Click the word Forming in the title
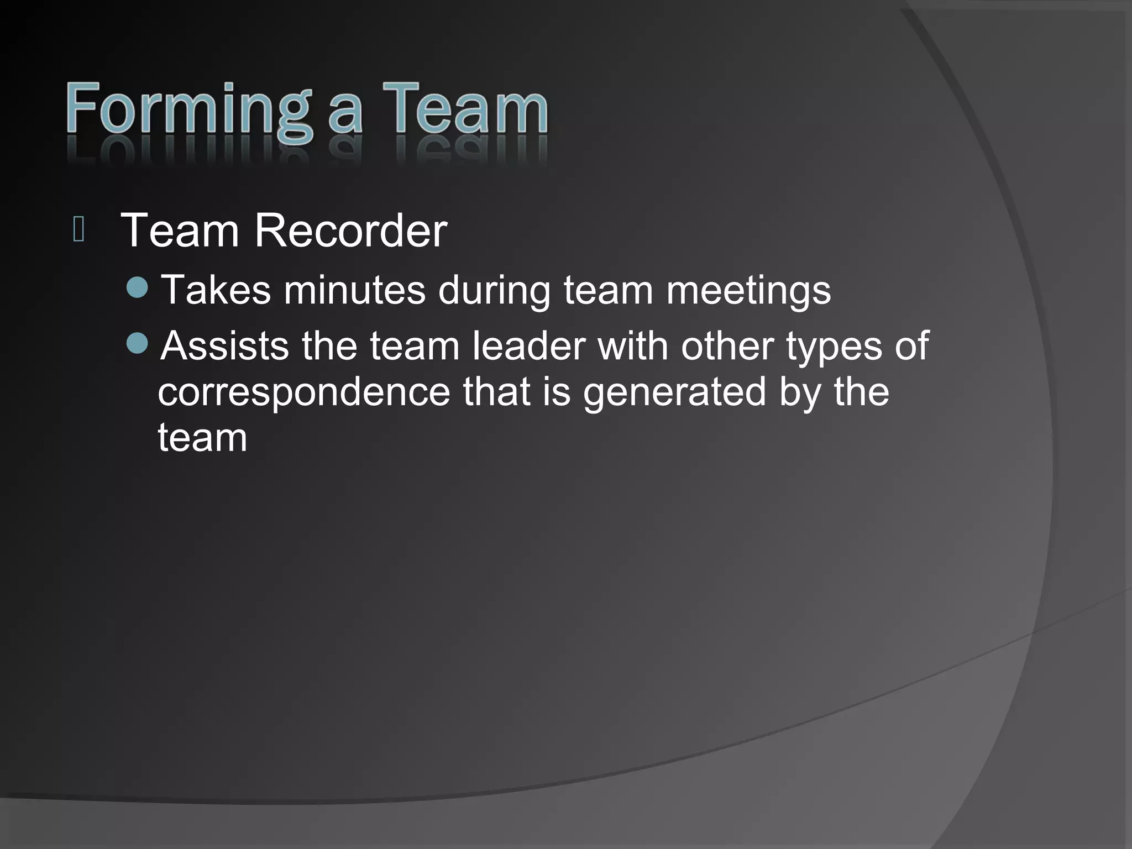click(188, 111)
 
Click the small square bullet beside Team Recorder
click(78, 230)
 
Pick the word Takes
click(216, 290)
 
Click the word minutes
click(354, 290)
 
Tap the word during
click(494, 291)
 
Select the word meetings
click(748, 291)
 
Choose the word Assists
click(225, 346)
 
